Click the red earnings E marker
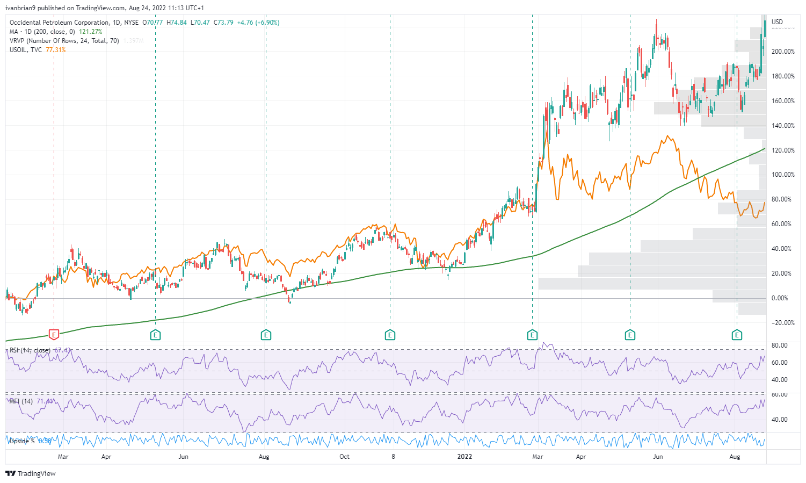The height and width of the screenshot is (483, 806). [x=54, y=335]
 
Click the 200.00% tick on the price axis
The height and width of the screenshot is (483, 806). [x=783, y=52]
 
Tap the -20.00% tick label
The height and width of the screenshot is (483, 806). [x=783, y=323]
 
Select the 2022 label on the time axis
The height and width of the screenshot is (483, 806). [x=464, y=457]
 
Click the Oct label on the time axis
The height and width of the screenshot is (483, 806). [x=344, y=457]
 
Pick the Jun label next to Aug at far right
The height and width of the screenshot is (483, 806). [x=658, y=457]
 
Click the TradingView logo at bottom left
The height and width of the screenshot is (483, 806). [x=31, y=473]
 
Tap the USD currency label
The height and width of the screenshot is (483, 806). [x=777, y=22]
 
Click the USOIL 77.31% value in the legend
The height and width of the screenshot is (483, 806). [x=56, y=50]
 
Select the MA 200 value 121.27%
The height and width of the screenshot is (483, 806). [x=90, y=32]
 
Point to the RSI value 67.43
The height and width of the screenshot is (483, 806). [x=62, y=350]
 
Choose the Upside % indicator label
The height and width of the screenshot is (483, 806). [x=23, y=441]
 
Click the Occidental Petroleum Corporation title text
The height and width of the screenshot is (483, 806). [x=59, y=23]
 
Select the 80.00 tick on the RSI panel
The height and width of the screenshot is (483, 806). [x=780, y=345]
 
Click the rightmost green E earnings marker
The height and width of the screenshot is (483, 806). [x=737, y=335]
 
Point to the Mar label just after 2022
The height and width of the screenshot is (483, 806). [x=538, y=457]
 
